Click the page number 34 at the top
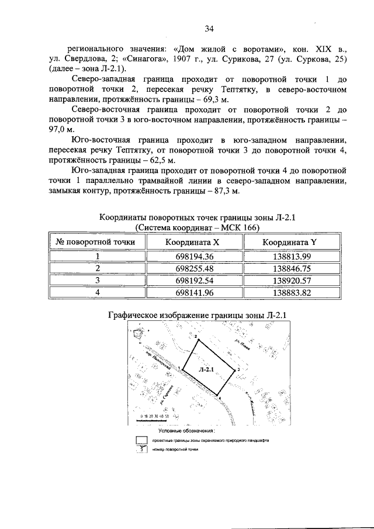point(209,27)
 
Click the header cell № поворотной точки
point(95,241)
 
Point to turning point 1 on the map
point(182,368)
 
